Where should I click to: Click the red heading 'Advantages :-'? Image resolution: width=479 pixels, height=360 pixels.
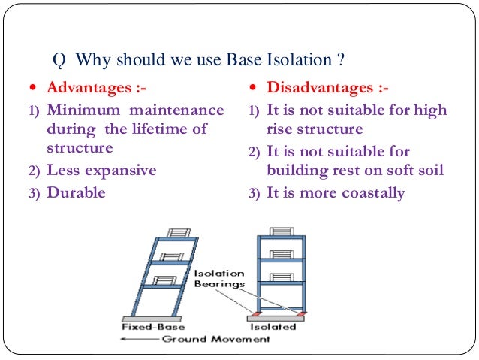click(x=96, y=89)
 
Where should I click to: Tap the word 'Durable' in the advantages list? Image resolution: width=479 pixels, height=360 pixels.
click(x=76, y=192)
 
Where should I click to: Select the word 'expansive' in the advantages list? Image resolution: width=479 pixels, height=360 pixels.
click(x=120, y=170)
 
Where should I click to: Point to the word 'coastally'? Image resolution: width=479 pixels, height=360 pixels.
click(x=368, y=193)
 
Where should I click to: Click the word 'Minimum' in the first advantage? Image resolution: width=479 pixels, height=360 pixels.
click(x=79, y=110)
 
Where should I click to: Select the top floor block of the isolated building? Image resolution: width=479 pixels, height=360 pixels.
click(x=282, y=231)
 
